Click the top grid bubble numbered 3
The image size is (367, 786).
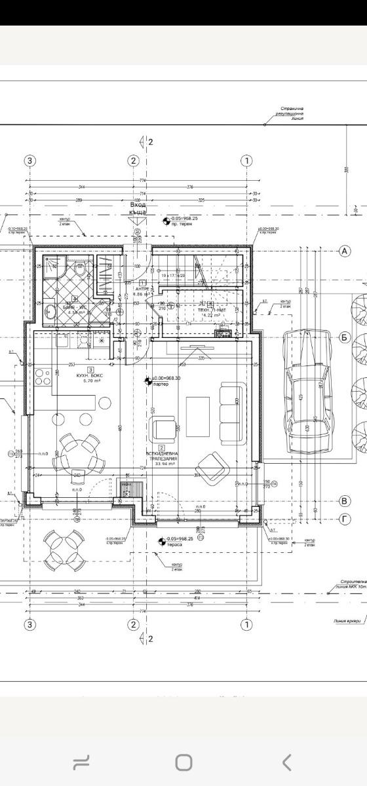pos(29,160)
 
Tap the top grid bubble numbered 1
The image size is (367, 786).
pos(247,160)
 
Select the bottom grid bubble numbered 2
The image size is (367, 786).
pos(134,624)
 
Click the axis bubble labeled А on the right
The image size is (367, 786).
pos(345,251)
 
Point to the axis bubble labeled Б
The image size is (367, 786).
pos(345,337)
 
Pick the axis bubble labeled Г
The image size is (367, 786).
pos(345,519)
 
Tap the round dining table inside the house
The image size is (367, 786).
pos(77,455)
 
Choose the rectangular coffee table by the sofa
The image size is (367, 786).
pos(198,417)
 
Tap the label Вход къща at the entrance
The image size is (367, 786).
pos(138,208)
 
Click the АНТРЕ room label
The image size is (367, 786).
pos(142,290)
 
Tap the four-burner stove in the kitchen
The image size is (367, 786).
pos(42,377)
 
